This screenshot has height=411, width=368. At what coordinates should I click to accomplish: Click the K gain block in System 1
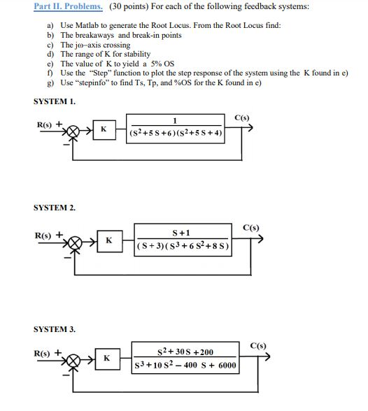(103, 129)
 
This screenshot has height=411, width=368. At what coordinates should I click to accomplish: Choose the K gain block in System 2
(108, 241)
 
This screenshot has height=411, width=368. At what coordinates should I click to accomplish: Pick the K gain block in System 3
(107, 359)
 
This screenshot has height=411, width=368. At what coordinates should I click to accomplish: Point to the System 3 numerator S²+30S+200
(185, 352)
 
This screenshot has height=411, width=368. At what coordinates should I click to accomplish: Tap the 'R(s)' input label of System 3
(45, 353)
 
